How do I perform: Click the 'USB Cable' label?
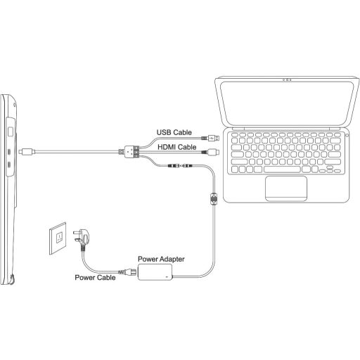pyautogui.click(x=174, y=131)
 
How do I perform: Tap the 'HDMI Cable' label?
pyautogui.click(x=176, y=147)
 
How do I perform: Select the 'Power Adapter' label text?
pyautogui.click(x=162, y=259)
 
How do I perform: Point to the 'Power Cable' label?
pyautogui.click(x=96, y=278)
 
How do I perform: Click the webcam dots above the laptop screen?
pyautogui.click(x=288, y=79)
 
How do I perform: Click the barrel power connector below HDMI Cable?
pyautogui.click(x=179, y=166)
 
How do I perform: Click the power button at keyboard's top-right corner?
pyautogui.click(x=345, y=131)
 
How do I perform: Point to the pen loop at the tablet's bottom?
pyautogui.click(x=15, y=280)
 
